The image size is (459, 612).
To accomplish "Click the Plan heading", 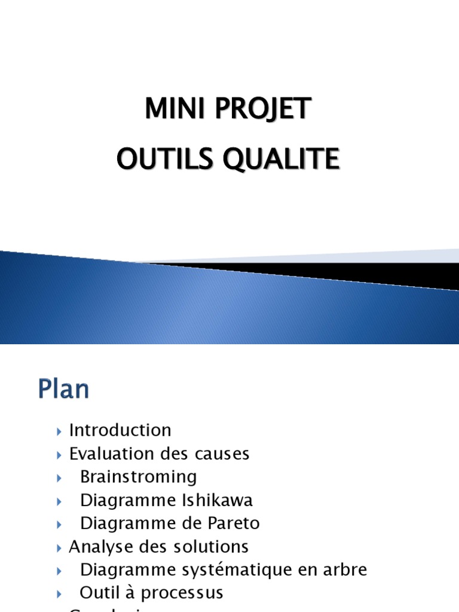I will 63,390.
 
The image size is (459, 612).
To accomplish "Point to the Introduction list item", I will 120,430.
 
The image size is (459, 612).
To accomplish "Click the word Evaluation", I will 112,454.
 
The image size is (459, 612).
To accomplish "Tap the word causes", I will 223,454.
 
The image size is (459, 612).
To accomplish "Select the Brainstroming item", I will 138,477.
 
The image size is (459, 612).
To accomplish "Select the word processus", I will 185,593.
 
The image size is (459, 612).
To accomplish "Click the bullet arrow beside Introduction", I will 59,431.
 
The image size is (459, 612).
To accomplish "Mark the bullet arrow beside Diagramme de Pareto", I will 59,524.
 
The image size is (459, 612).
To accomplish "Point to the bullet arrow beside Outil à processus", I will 59,593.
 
